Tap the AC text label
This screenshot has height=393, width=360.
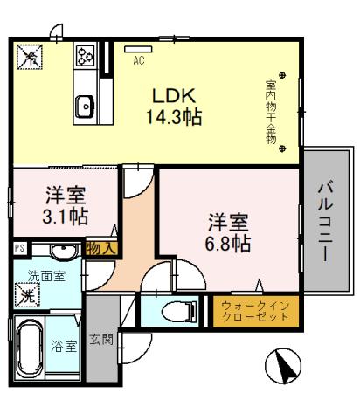(138, 61)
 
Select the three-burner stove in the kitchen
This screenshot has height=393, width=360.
(86, 57)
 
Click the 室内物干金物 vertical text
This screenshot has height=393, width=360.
(271, 113)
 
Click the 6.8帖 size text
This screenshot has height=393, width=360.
(229, 242)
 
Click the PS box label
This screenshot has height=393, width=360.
(19, 249)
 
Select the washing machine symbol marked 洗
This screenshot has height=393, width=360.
(27, 297)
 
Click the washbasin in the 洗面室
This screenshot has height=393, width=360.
(62, 252)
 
